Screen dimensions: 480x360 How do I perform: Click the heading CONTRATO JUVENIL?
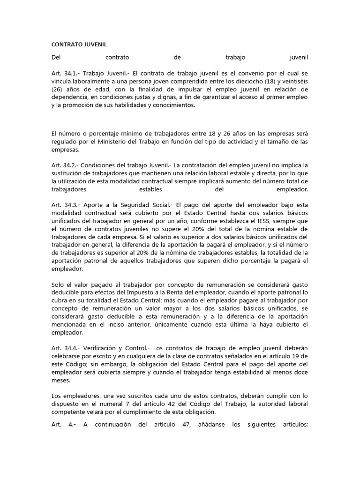[79, 44]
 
